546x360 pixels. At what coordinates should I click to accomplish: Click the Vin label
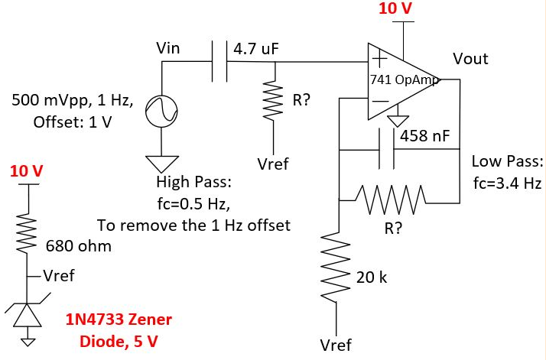[168, 48]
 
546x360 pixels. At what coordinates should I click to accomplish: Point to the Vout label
[470, 59]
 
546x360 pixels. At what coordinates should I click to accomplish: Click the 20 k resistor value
[372, 277]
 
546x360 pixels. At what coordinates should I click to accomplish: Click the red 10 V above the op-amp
[395, 8]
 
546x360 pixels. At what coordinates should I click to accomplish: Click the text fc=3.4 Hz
[508, 185]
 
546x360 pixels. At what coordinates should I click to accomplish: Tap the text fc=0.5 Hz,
[190, 204]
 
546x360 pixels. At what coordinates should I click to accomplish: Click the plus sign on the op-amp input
[378, 57]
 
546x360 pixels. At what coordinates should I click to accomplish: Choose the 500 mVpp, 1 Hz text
[73, 100]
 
